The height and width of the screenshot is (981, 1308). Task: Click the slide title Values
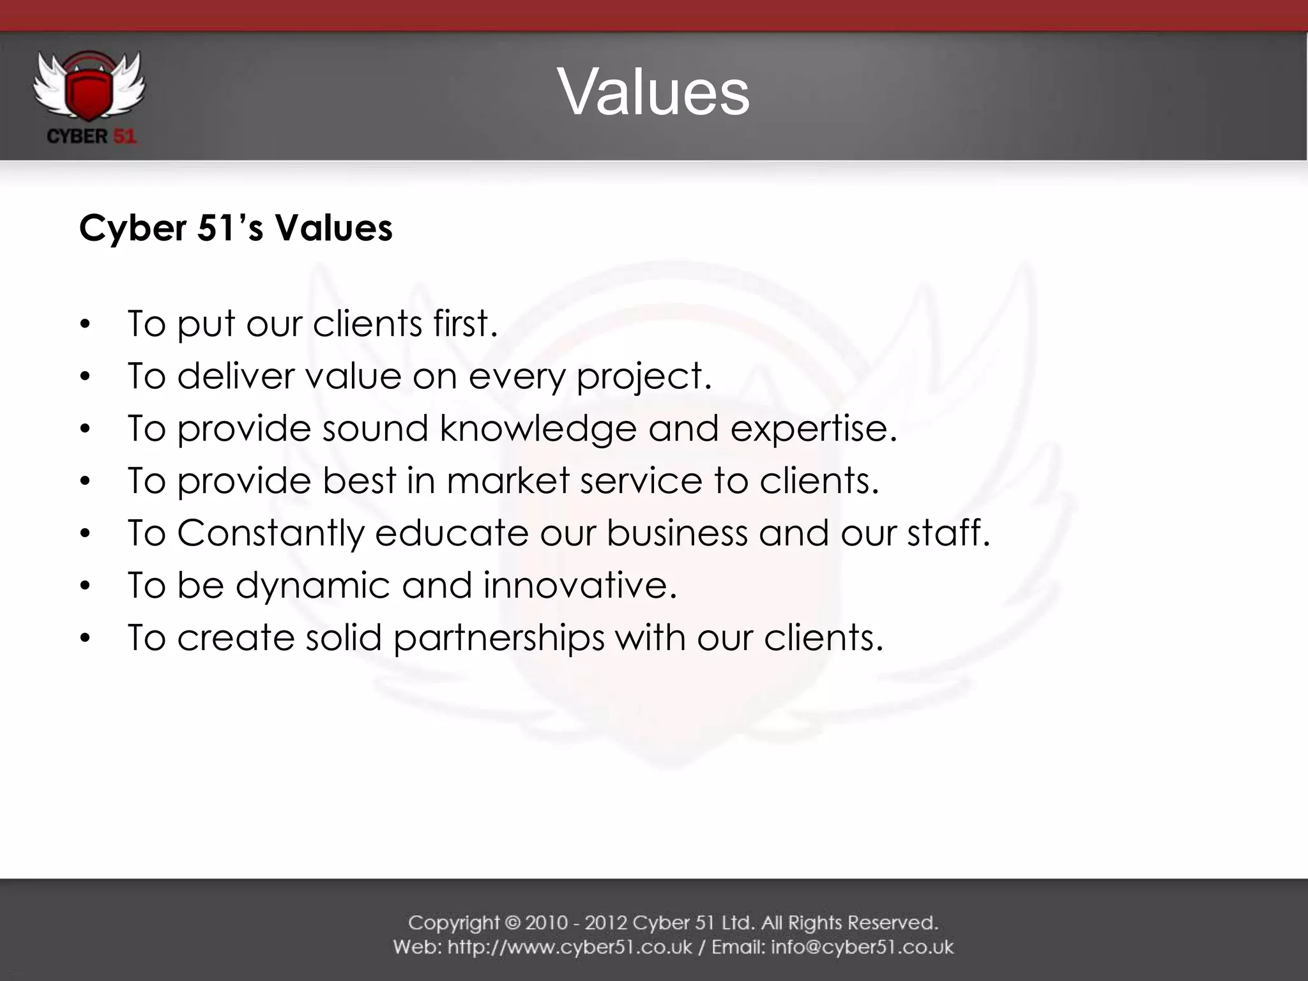[x=653, y=93]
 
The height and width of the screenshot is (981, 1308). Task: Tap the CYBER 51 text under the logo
[x=91, y=137]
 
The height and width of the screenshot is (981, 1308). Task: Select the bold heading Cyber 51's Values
[x=236, y=228]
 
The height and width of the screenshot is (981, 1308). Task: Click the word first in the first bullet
[x=464, y=323]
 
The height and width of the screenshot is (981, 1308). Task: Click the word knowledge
[x=538, y=429]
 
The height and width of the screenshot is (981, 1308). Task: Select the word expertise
[x=813, y=429]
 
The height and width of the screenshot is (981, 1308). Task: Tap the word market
[x=508, y=480]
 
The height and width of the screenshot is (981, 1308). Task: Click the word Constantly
[x=270, y=533]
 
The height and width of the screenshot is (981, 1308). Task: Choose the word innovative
[x=579, y=585]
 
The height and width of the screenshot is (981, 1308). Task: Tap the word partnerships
[x=499, y=638]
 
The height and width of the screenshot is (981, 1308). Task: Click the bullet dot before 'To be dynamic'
[x=86, y=586]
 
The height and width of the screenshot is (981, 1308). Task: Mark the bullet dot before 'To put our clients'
[x=86, y=324]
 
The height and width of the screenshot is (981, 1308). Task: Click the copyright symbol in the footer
[x=512, y=923]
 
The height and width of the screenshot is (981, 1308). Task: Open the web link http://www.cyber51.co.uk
[x=570, y=947]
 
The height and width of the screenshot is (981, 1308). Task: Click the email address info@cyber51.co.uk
[x=862, y=947]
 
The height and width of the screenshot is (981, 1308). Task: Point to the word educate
[x=452, y=533]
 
